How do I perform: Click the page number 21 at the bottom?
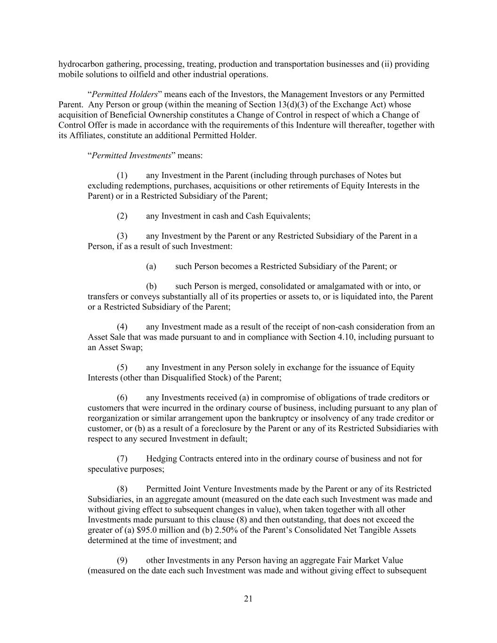point(249,599)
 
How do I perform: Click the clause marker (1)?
point(122,176)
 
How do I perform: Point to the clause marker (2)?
point(122,216)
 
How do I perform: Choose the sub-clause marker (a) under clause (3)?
point(151,267)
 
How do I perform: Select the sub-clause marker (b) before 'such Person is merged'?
point(151,286)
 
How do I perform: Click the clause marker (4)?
point(122,327)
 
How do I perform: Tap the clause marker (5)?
point(122,367)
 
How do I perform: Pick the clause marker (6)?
point(122,398)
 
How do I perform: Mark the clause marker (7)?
point(122,459)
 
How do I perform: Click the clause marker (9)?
point(122,561)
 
